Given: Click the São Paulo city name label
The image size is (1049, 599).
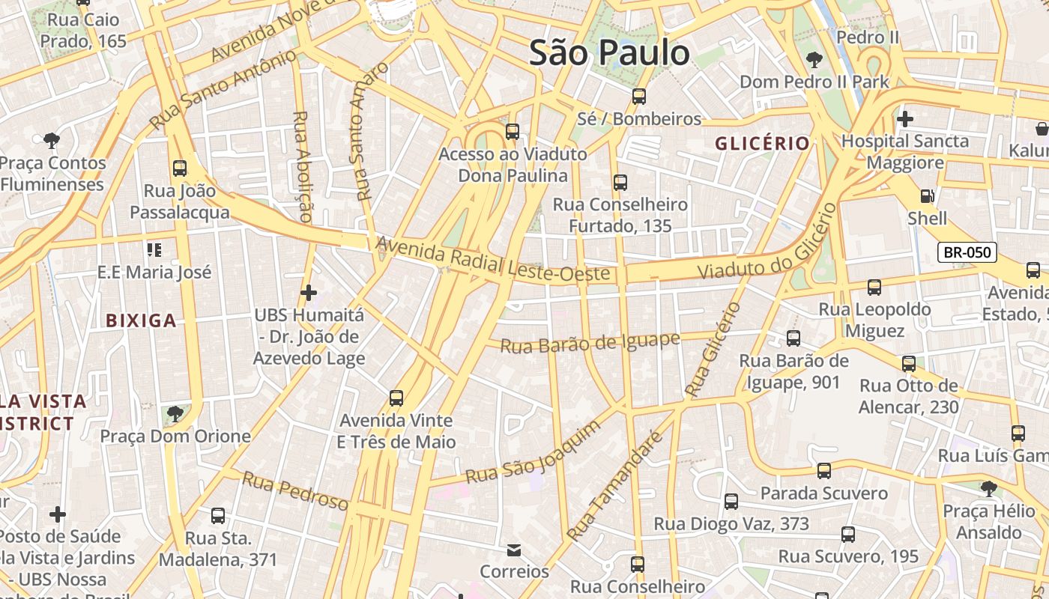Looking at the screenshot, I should point(609,52).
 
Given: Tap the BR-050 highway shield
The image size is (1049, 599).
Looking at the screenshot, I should point(967,252).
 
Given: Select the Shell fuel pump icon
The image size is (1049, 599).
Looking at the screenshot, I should point(927,196).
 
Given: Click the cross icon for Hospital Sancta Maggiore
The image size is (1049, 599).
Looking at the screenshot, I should point(904,118).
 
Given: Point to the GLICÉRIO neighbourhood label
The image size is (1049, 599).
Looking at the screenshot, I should point(762,143).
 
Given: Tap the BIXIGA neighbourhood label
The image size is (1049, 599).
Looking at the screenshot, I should point(141,320).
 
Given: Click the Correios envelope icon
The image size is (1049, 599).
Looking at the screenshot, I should point(514,550).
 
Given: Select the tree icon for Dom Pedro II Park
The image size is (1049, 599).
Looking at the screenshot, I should point(814,59).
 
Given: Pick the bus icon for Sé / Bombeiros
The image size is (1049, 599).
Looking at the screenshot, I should point(638,96).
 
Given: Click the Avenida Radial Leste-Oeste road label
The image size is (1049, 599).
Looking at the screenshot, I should point(492,260).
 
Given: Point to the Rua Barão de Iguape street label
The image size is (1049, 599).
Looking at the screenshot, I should point(590,342).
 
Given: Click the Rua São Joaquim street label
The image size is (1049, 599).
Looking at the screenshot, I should point(533,452).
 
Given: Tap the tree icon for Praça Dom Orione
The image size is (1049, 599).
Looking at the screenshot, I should point(175,413).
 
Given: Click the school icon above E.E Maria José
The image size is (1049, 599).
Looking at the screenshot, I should point(154,249).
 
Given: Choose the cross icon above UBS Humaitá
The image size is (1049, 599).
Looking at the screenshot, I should point(308,292).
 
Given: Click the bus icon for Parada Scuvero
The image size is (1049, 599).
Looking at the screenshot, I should point(823,470).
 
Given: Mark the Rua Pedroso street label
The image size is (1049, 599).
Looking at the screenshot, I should point(294,491).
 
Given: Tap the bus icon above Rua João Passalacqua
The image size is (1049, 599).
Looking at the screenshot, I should point(179,168).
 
